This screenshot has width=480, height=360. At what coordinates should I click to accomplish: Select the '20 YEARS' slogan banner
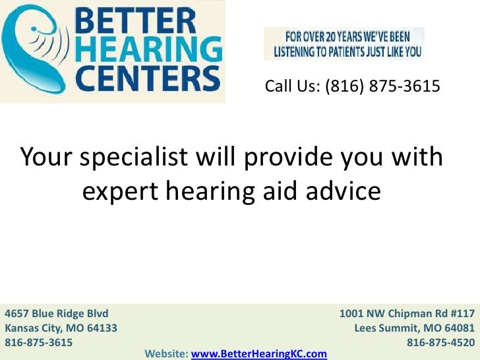click(x=344, y=44)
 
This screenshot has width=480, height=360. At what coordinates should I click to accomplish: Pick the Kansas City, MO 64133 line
click(x=61, y=328)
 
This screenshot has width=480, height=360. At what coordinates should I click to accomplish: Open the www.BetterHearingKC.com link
click(x=259, y=354)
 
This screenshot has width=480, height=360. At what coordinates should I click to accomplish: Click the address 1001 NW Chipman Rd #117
click(x=407, y=313)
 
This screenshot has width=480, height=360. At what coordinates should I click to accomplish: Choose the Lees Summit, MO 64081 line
click(x=415, y=328)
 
